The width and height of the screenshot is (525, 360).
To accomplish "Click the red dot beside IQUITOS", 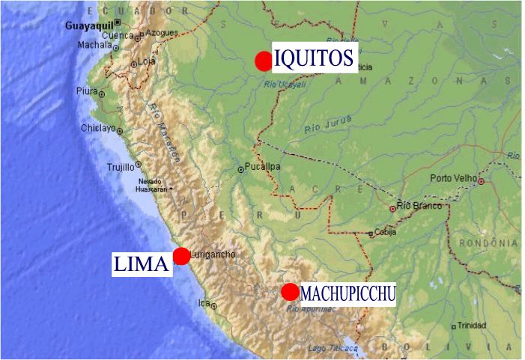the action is pos(263,61).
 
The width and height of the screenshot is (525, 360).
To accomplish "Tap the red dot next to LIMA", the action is pos(181,256).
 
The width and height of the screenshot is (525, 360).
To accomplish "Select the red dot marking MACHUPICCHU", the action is pos(291,292).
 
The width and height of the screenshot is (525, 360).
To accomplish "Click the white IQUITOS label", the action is pos(315,58).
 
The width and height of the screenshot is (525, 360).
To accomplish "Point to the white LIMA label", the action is pos(142,263).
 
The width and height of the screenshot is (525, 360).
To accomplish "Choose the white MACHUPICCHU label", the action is pos(348,293).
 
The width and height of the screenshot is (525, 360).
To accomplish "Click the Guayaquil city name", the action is pos(88,25).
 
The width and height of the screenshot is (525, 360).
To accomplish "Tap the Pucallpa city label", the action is pos(262,167).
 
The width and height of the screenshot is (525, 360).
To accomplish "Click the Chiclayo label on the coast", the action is pos(99,129).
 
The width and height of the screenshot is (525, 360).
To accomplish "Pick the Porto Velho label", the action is pos(454,178).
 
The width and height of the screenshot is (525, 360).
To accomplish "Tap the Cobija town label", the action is pos(386,233).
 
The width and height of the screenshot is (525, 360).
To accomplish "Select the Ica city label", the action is pos(204,303).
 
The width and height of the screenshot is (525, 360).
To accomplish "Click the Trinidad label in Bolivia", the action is pos(472,325).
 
